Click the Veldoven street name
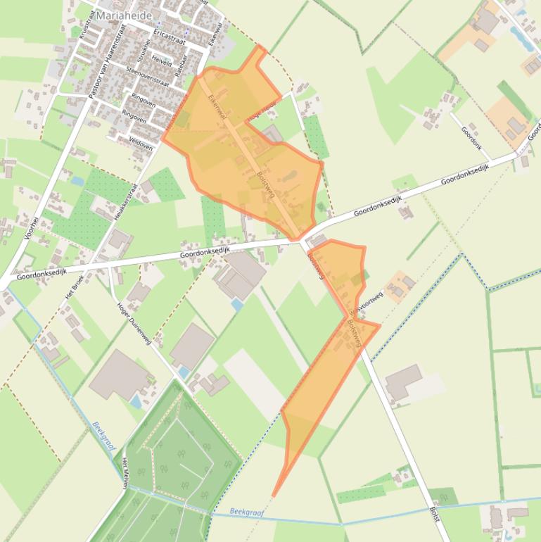pos(141,142)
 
